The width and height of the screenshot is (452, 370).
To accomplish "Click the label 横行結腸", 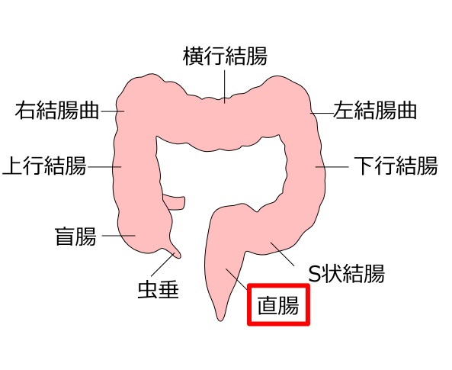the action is click(x=225, y=56).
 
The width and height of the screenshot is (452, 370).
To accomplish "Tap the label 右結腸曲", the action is click(x=57, y=111).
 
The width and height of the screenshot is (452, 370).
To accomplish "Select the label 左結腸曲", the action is click(x=375, y=111).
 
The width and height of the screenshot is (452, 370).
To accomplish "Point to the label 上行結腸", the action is click(x=44, y=166).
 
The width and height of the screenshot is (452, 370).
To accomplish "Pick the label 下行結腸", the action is click(x=396, y=166).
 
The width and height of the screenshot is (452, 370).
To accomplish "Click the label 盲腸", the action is click(x=75, y=236).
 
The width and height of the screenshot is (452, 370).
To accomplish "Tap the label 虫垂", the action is click(x=159, y=289).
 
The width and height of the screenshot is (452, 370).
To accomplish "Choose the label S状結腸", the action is click(x=347, y=273).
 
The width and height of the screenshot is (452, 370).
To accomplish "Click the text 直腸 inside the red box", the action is click(x=278, y=305).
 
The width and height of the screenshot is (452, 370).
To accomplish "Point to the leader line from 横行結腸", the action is click(x=225, y=86).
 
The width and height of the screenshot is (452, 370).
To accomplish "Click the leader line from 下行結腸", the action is click(x=332, y=167).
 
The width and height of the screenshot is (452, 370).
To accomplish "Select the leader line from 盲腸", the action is click(x=118, y=236).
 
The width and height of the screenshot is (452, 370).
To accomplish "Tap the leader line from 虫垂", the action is click(x=162, y=265).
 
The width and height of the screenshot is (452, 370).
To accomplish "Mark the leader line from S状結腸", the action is click(x=283, y=254).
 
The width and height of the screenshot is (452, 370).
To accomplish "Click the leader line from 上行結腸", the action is click(x=104, y=167).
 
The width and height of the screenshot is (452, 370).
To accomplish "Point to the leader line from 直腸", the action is click(x=236, y=279).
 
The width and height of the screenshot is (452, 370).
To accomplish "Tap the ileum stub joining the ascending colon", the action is click(x=174, y=202).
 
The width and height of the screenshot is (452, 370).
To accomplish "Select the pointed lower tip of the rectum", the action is click(x=220, y=320).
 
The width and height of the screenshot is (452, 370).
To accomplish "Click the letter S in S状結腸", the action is click(x=314, y=274).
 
